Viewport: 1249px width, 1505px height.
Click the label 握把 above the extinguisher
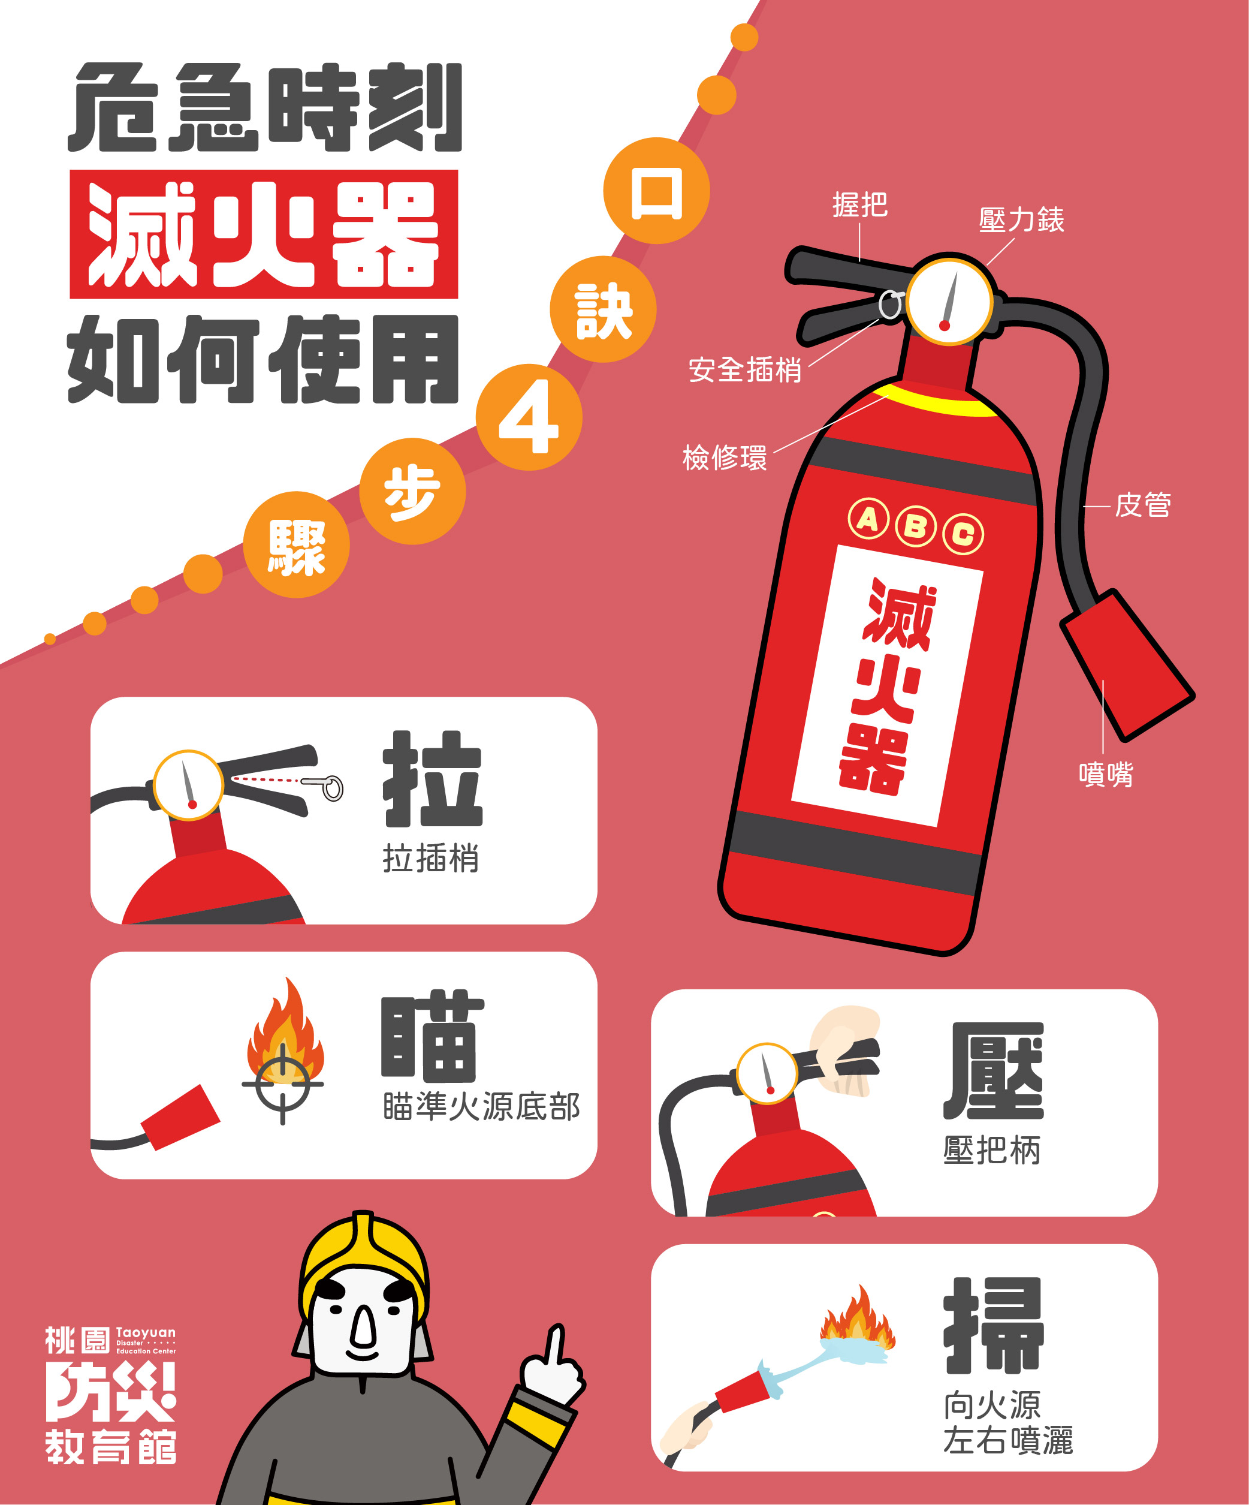point(859,205)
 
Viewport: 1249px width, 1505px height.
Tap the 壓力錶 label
point(1021,219)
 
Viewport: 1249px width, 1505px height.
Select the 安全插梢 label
point(744,370)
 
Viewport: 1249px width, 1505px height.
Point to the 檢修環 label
point(724,458)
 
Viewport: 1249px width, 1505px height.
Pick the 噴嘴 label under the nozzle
point(1106,775)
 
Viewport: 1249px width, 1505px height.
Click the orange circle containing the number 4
point(529,418)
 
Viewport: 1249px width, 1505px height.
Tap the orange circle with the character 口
point(656,191)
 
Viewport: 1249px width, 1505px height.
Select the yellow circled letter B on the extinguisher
point(915,526)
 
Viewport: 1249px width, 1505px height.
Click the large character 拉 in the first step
point(433,779)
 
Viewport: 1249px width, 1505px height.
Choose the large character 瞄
point(433,1036)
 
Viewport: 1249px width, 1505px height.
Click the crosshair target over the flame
point(282,1084)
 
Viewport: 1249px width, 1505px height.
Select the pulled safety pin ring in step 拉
point(331,788)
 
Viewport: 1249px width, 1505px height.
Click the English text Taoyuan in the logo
point(146,1332)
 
